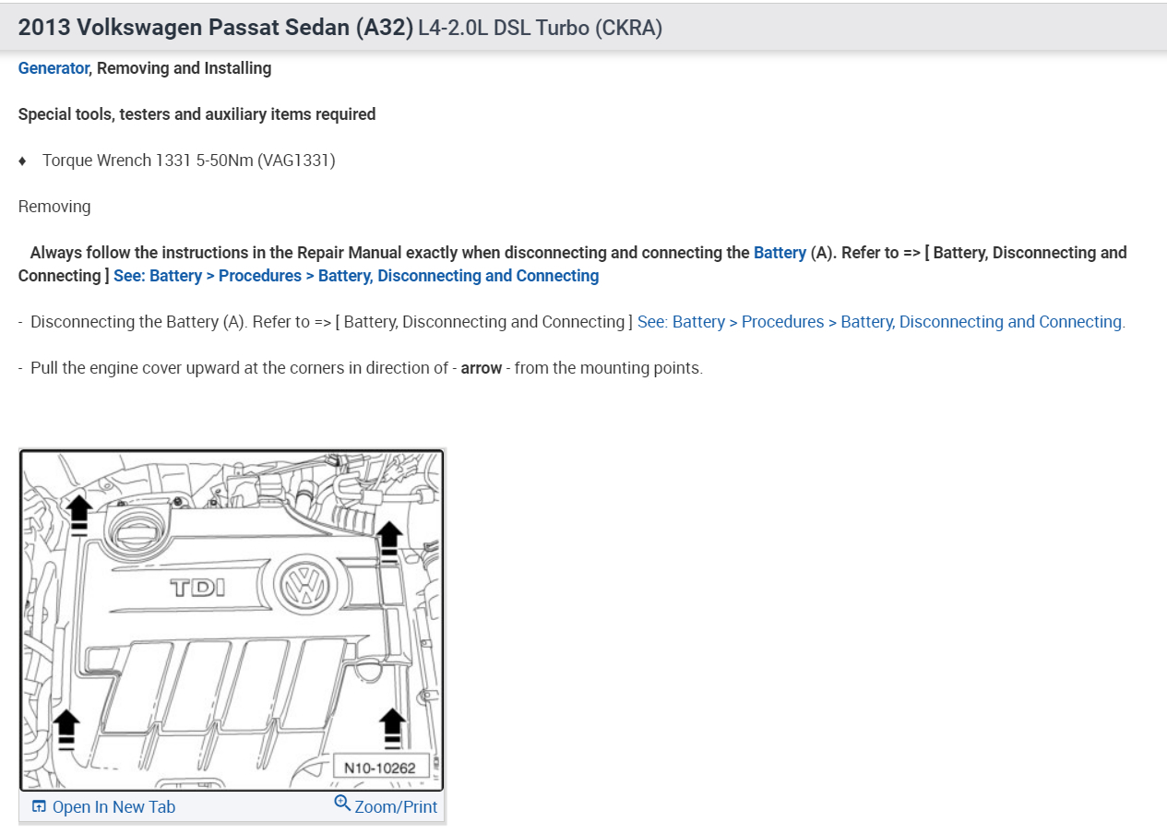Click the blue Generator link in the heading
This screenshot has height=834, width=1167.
[x=54, y=68]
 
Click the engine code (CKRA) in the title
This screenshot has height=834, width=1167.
[x=628, y=28]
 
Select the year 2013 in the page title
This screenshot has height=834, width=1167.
[x=44, y=27]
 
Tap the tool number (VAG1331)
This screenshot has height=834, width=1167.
[x=296, y=161]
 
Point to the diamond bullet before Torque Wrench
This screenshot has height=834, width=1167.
[x=22, y=161]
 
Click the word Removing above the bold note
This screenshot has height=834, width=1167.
[x=54, y=207]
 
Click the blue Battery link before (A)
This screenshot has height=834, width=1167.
[x=780, y=253]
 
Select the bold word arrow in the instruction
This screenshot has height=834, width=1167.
[x=481, y=368]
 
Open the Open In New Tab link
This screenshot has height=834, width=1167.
[x=113, y=807]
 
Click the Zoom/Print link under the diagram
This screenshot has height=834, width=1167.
[x=396, y=807]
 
